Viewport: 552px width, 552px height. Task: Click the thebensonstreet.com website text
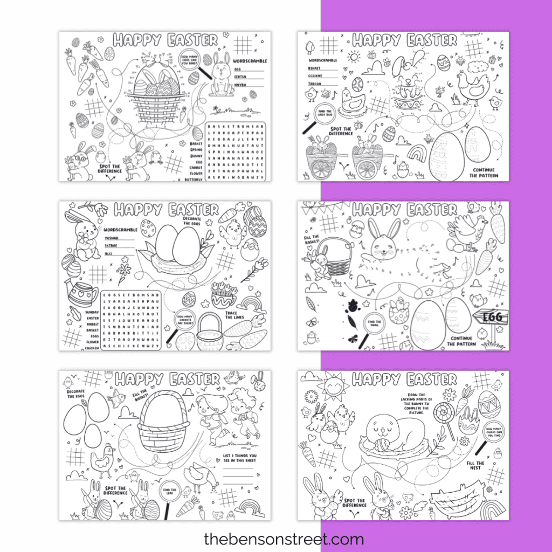[x=284, y=539]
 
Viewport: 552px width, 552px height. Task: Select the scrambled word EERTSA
[x=240, y=77]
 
